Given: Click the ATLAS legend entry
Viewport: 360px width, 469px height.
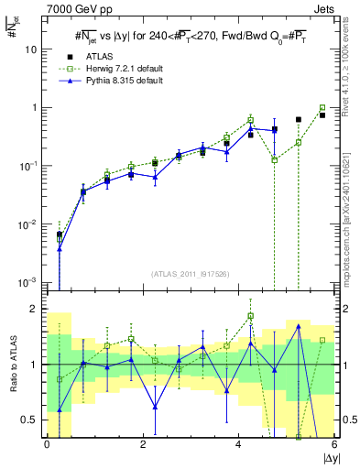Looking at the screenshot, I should (x=98, y=57).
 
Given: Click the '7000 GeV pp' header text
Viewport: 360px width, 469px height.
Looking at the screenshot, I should (x=73, y=8).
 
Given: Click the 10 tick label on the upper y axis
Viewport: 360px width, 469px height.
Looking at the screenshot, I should (x=31, y=49).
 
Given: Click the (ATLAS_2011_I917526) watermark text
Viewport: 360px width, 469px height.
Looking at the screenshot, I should (x=191, y=273).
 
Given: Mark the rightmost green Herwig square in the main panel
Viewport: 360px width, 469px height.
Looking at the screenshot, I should (x=322, y=107).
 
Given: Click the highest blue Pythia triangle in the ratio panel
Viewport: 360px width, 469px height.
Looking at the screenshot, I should (x=299, y=326).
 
